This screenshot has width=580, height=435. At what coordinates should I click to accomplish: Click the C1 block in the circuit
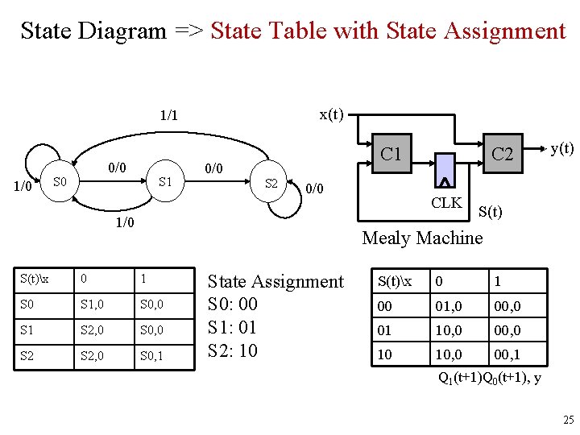391,153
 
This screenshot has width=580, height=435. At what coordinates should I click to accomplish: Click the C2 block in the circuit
503,154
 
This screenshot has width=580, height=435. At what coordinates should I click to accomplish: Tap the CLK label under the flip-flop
445,202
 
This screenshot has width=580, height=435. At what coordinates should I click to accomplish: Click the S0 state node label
59,183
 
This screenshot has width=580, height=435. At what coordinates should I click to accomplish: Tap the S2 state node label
271,184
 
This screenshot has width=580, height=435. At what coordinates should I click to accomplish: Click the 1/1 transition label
168,116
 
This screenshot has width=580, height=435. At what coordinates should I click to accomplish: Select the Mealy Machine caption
422,238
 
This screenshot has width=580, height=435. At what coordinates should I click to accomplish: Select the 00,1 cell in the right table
507,354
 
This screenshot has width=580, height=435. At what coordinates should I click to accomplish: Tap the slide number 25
568,420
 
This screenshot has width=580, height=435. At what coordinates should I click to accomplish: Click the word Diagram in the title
126,31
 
